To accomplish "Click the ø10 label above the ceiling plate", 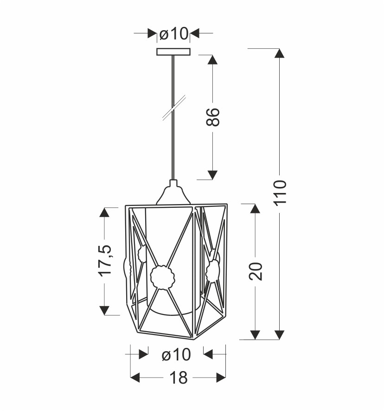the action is point(174,34).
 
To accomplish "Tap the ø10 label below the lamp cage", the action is point(176,355).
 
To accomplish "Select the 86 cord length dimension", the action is point(212,117).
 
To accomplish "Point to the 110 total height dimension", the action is point(280,193).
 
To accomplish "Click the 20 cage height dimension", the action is point(256,271).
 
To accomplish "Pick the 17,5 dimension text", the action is point(105,260).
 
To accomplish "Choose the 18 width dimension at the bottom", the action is point(179,378).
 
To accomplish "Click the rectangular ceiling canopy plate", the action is point(173,51).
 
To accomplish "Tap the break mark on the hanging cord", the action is point(174,108).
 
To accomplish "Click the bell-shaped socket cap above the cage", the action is point(173,193).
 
